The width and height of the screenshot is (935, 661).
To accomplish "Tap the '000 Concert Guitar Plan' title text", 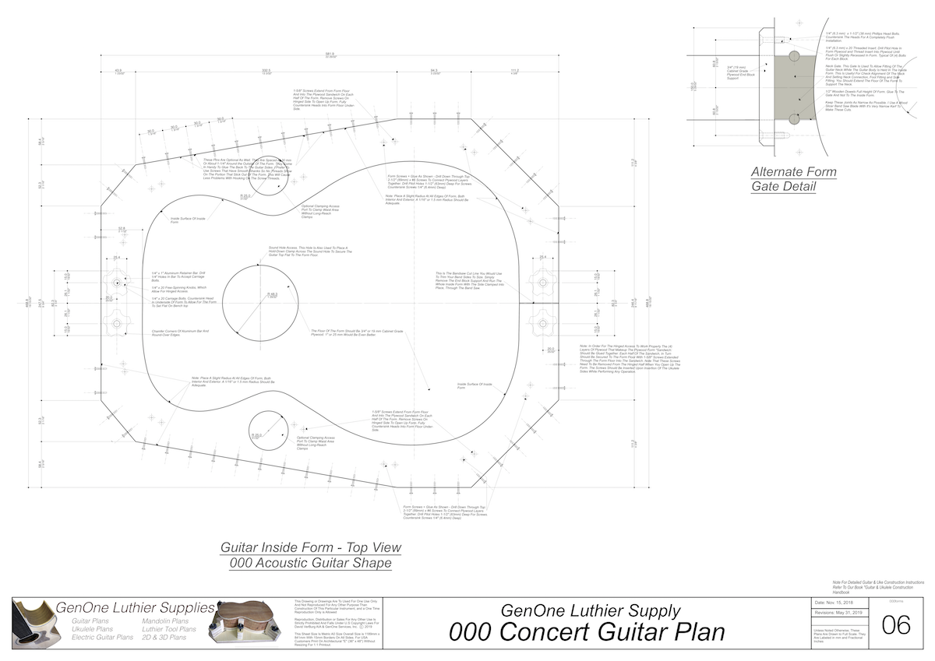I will tap(587, 631).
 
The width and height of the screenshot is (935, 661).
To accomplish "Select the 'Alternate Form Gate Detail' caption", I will tap(793, 179).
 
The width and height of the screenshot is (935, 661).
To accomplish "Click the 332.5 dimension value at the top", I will tap(266, 70).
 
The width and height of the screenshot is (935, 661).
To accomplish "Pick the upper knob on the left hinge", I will tap(117, 282).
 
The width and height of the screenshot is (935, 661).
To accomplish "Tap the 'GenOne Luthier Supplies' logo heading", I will tap(135, 607).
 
